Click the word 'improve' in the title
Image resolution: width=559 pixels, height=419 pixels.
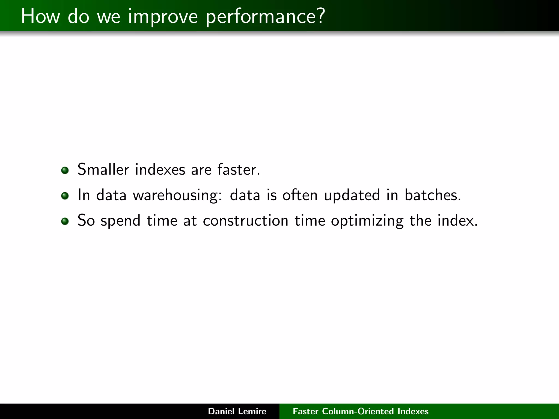click(163, 16)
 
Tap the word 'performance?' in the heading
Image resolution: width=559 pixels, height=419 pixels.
click(265, 16)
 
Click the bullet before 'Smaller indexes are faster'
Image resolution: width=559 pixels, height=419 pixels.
click(65, 170)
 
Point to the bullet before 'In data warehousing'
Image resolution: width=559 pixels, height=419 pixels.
click(65, 196)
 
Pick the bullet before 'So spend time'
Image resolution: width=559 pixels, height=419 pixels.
click(65, 221)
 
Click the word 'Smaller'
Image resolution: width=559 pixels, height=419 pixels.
click(103, 169)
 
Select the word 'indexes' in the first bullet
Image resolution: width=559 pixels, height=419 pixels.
click(160, 169)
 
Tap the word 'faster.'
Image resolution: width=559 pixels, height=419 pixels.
click(239, 169)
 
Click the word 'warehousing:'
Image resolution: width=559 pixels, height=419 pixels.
click(177, 195)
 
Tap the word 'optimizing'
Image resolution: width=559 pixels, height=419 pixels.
click(367, 221)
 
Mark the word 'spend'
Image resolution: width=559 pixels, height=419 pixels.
click(120, 221)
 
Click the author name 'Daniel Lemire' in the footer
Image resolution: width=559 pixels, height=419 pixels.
click(237, 411)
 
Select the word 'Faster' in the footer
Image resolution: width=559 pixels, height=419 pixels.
click(305, 411)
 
